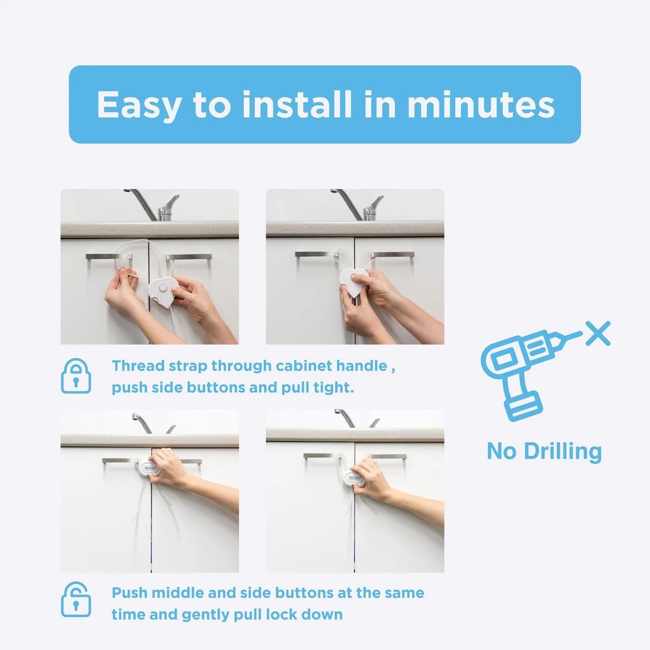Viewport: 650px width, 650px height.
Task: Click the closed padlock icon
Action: point(76,376)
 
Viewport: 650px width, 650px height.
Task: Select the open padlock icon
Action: point(76,600)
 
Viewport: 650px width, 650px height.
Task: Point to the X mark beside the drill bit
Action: point(598,334)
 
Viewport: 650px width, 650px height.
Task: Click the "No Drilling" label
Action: point(544,451)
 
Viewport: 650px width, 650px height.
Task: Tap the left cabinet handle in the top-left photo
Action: point(108,257)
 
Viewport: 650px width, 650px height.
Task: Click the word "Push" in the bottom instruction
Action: point(130,592)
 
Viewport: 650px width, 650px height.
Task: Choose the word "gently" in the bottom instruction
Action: point(207,614)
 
